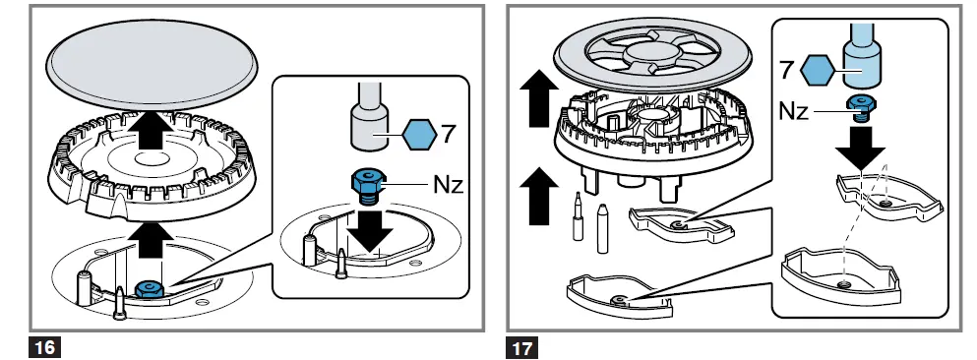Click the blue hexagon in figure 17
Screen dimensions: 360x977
(x=819, y=72)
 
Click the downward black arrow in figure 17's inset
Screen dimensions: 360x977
(x=864, y=149)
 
